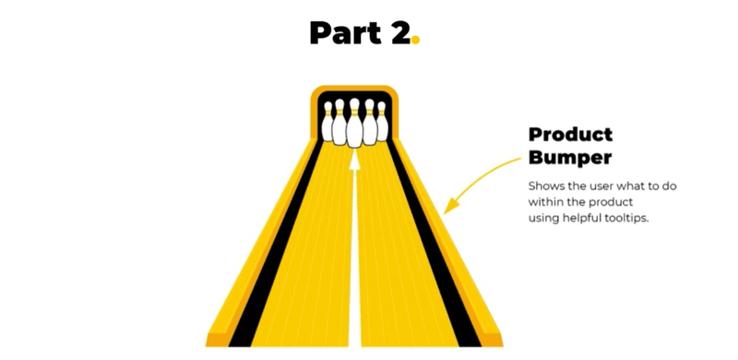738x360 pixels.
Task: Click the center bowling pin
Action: point(354,125)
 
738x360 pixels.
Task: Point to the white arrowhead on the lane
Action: point(354,160)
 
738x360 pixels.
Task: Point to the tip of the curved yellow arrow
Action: point(446,210)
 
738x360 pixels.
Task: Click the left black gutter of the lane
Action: point(277,249)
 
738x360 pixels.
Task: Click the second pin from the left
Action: point(340,122)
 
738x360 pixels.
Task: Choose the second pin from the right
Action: point(369,122)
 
